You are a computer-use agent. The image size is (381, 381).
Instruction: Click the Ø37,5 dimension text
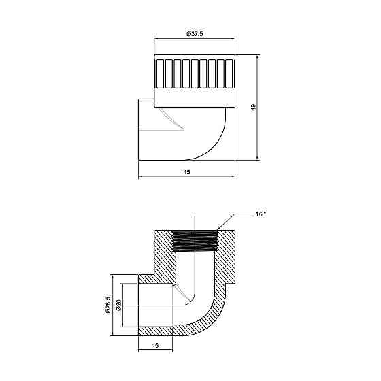click(x=195, y=33)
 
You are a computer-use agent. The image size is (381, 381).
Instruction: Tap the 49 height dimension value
click(x=252, y=108)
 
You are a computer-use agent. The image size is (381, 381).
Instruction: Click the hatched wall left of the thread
click(x=163, y=255)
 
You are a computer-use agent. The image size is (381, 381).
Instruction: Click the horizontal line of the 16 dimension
click(x=156, y=350)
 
